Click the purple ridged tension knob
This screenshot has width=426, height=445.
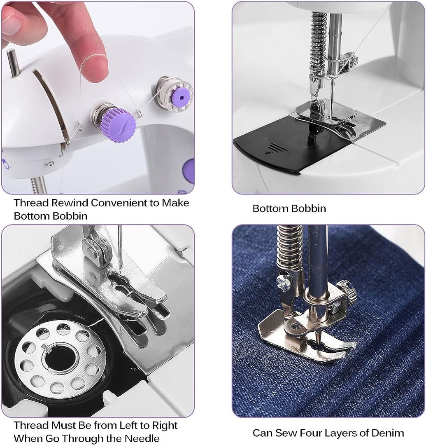(x=120, y=124)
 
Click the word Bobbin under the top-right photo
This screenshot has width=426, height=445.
(x=308, y=208)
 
